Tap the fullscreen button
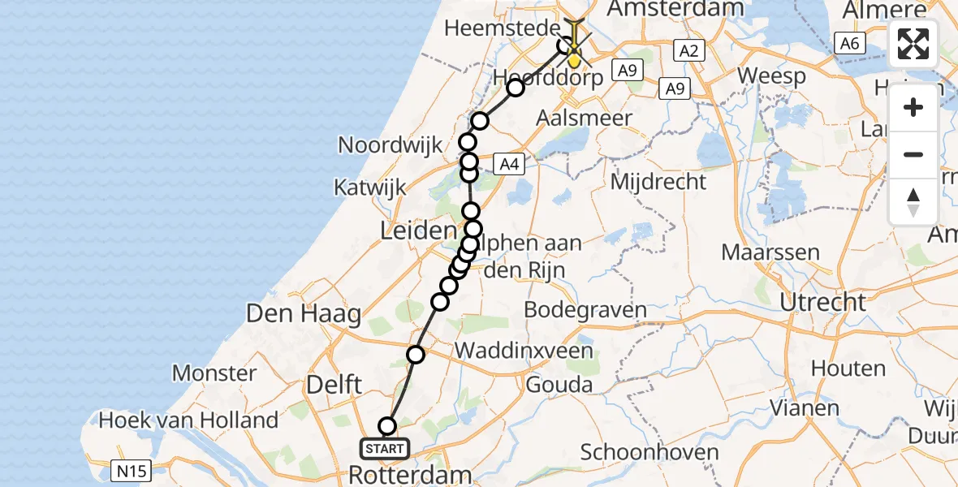[x=913, y=44]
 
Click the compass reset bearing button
[x=913, y=202]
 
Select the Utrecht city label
[x=823, y=302]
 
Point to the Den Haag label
[x=303, y=313]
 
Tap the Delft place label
[x=334, y=384]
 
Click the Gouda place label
[x=559, y=384]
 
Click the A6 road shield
[x=849, y=44]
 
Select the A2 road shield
[x=688, y=51]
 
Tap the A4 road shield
[x=507, y=165]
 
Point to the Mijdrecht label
[x=658, y=181]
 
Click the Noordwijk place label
[x=390, y=145]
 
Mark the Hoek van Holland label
[x=188, y=420]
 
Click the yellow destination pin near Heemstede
[x=574, y=57]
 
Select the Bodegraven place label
[x=585, y=309]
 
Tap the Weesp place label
[x=771, y=76]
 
